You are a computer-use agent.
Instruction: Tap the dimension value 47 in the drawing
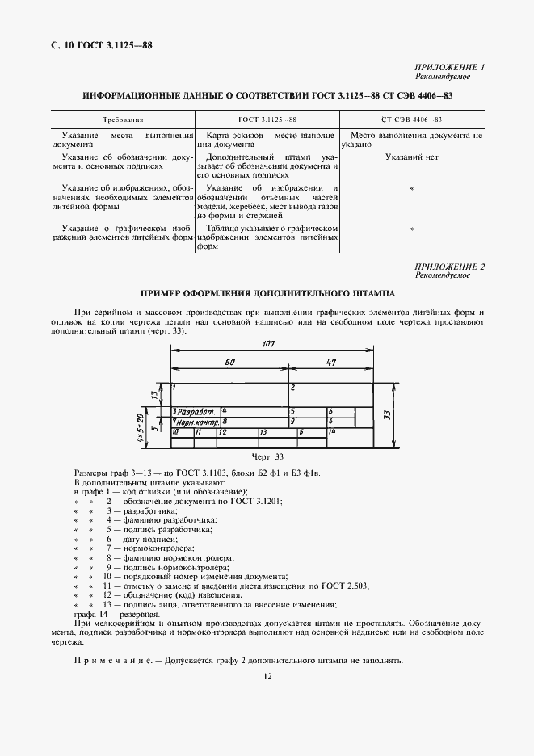(330, 363)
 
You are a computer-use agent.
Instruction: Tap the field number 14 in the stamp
(332, 432)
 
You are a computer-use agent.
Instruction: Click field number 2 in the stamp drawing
(293, 388)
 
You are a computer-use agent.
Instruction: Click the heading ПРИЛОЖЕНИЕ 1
(449, 69)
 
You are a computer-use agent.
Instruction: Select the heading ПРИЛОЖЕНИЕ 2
(449, 267)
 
